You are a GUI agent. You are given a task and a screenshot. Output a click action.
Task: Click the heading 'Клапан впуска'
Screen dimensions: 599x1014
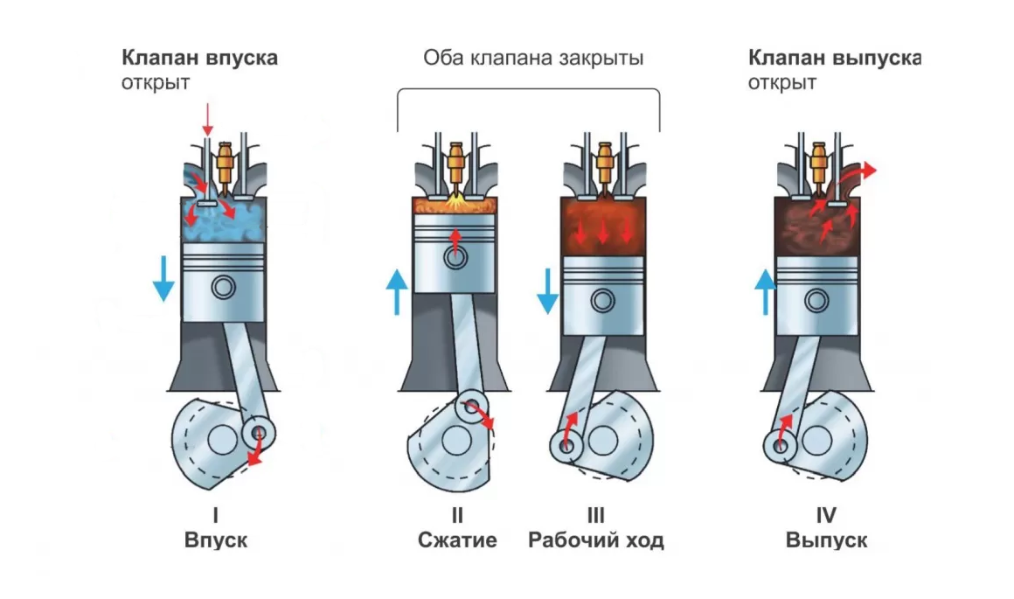[x=199, y=59]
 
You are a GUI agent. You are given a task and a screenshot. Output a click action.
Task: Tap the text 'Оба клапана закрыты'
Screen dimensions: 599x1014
[x=533, y=59]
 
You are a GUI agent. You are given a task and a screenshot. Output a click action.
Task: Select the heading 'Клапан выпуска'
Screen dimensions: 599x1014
[x=834, y=59]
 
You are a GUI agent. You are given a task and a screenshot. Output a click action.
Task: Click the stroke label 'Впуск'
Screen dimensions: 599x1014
[x=216, y=540]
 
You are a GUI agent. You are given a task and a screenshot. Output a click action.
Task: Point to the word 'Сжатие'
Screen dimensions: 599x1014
[x=457, y=540]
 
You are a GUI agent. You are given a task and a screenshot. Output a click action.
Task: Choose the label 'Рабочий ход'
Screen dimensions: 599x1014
[x=596, y=540]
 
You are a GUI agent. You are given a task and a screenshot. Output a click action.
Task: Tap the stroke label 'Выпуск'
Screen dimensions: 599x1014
[x=826, y=540]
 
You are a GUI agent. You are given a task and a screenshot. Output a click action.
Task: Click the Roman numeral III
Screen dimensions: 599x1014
[x=596, y=515]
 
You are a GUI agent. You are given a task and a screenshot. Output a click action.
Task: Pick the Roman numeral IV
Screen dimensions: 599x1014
[x=826, y=515]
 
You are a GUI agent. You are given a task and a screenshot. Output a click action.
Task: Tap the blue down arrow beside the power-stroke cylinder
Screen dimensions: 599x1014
[x=547, y=291]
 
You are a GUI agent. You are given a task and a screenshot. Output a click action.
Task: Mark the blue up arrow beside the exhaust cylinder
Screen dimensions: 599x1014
[x=766, y=291]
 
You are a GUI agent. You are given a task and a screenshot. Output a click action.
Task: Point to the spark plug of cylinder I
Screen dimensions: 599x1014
[x=227, y=162]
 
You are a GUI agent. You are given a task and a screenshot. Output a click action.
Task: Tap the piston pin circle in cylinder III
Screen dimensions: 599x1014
[x=602, y=300]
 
